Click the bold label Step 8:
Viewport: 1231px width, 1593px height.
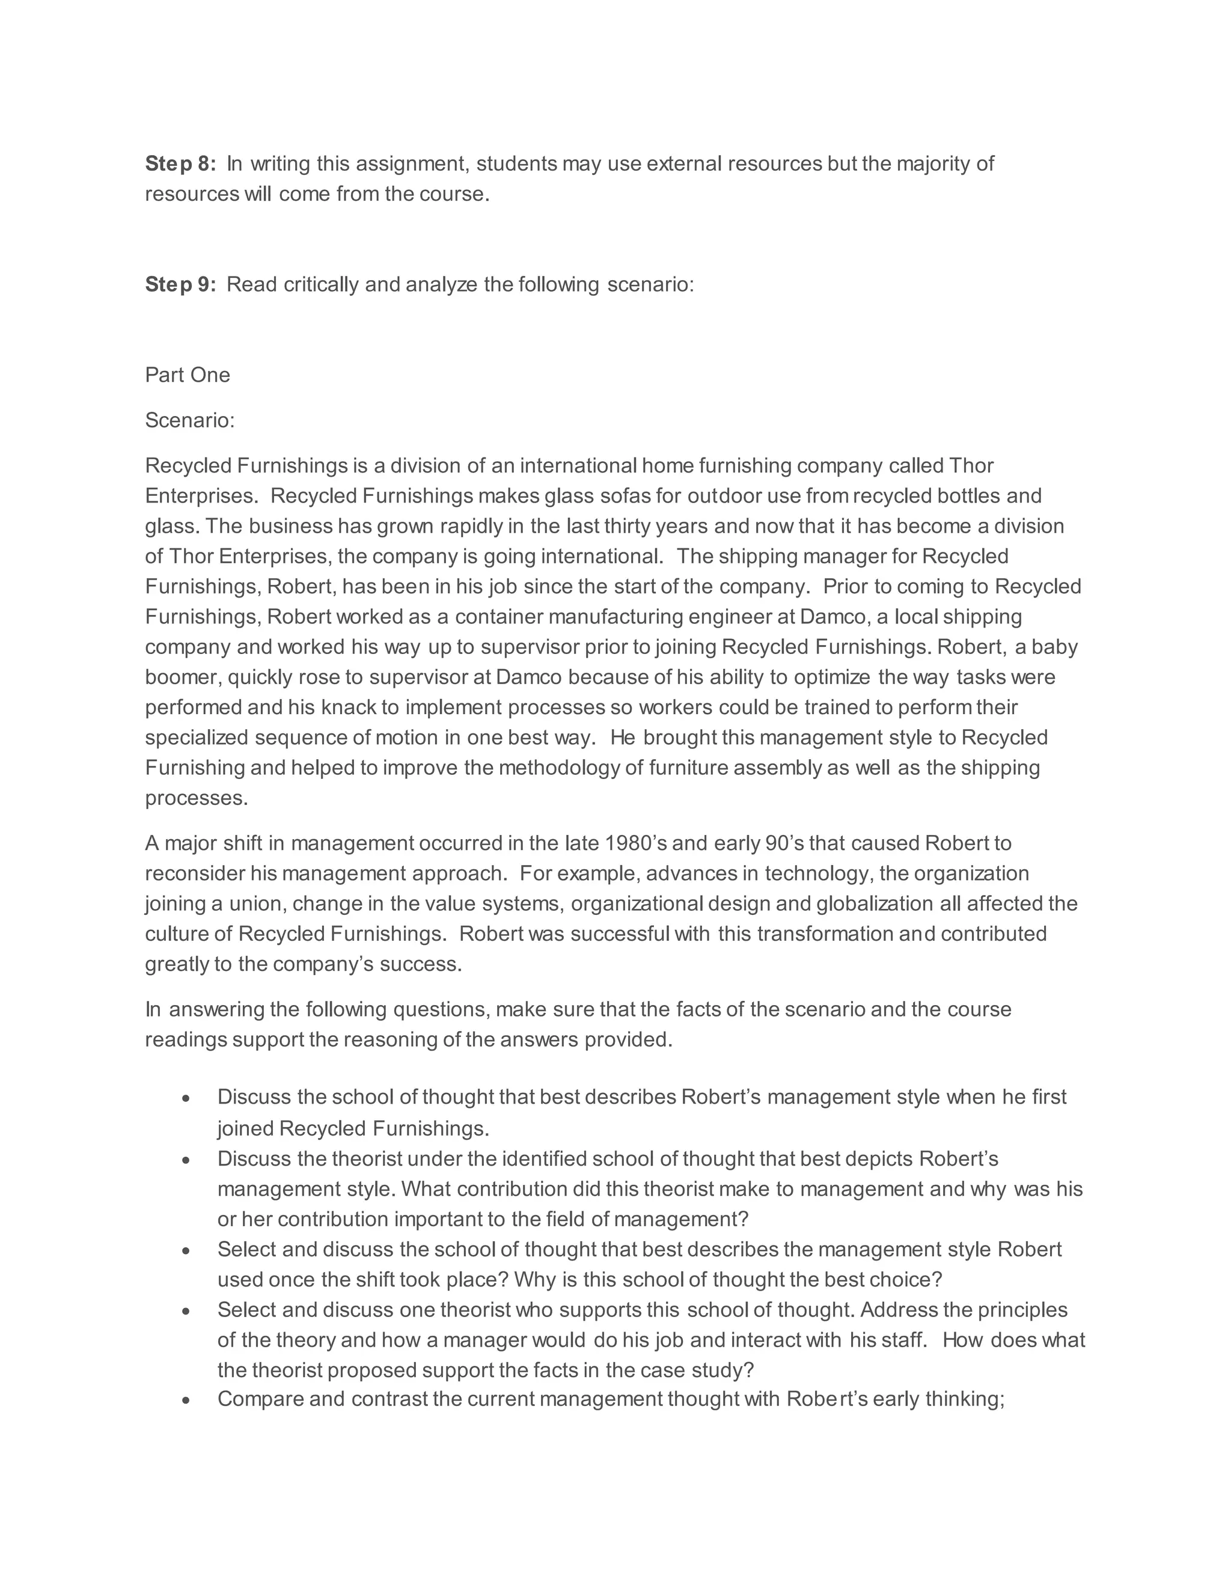(x=180, y=164)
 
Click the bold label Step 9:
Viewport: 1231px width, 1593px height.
(x=180, y=284)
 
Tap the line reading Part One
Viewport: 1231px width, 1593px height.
(x=188, y=375)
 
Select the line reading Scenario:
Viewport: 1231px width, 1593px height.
(x=189, y=420)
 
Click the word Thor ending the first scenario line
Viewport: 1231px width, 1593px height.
(x=971, y=465)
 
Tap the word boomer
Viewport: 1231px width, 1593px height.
(x=182, y=677)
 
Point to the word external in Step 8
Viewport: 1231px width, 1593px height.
(x=684, y=164)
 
